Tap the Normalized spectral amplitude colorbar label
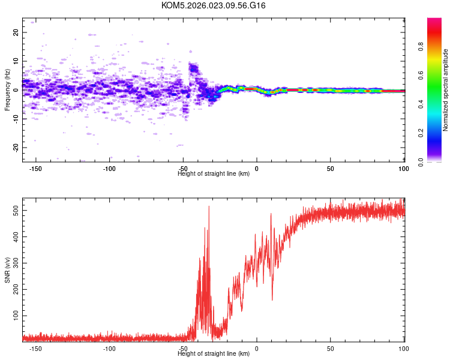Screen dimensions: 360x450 pyautogui.click(x=446, y=90)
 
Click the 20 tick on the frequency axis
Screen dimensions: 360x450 pyautogui.click(x=16, y=32)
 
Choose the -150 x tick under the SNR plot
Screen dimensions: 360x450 pyautogui.click(x=35, y=349)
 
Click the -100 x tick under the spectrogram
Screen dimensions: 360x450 pyautogui.click(x=109, y=169)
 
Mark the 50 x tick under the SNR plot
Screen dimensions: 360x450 pyautogui.click(x=331, y=349)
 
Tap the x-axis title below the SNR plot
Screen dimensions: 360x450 pyautogui.click(x=214, y=354)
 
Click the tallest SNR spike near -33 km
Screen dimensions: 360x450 pyautogui.click(x=209, y=207)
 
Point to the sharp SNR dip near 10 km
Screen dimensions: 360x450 pyautogui.click(x=272, y=299)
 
